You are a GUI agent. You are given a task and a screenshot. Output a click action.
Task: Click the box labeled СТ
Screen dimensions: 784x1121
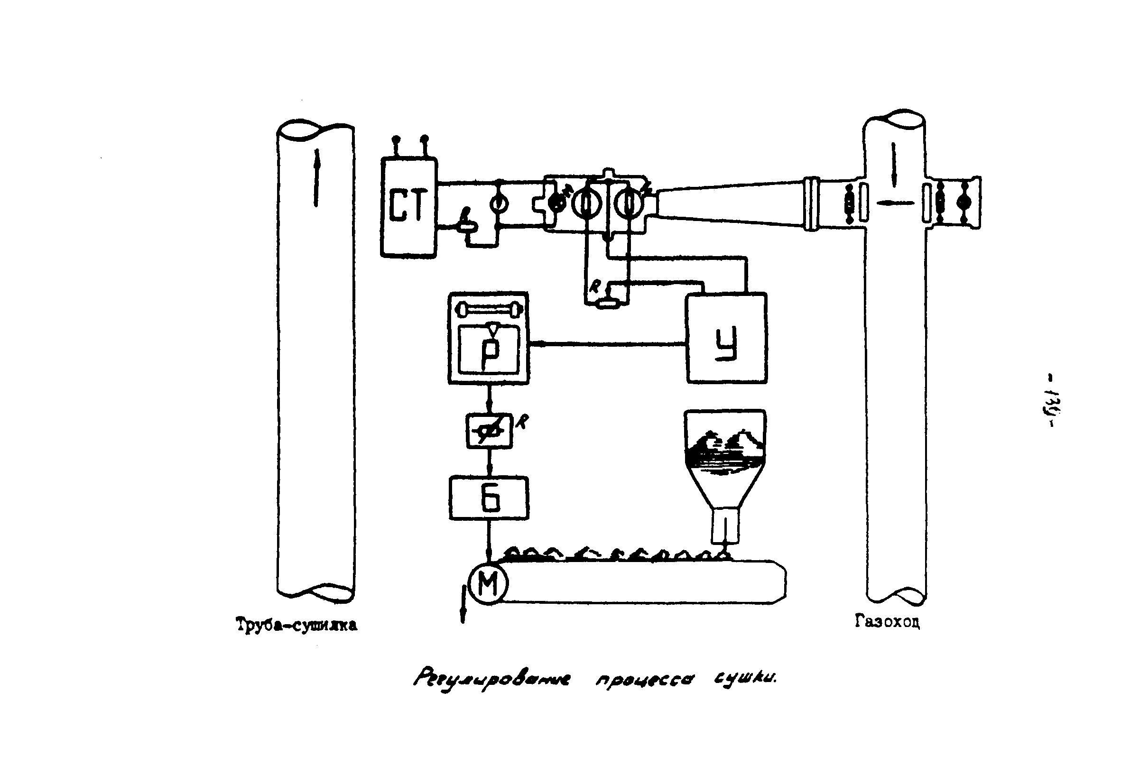(408, 207)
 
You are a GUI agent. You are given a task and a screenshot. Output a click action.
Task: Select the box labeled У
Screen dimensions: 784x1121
(726, 338)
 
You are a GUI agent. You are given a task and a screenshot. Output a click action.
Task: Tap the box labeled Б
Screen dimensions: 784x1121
(489, 498)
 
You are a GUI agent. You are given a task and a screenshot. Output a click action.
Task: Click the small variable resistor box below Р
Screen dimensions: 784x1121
(489, 431)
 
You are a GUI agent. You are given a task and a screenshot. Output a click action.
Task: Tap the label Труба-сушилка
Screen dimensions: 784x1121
(296, 625)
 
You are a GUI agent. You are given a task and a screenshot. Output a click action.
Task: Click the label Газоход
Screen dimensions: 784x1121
(888, 621)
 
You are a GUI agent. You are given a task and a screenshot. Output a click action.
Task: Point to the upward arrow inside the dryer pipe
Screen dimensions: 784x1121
(316, 178)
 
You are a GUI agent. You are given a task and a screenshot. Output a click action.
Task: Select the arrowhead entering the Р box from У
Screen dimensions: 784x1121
(534, 344)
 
